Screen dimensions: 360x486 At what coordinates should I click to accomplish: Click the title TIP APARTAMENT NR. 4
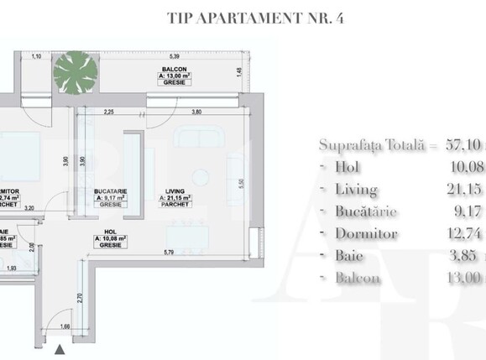click(x=243, y=16)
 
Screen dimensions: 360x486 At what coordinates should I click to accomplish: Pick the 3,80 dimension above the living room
click(x=196, y=112)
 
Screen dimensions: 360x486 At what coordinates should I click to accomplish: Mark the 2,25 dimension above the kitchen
click(x=108, y=112)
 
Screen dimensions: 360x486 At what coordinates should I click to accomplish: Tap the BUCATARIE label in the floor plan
click(x=111, y=190)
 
